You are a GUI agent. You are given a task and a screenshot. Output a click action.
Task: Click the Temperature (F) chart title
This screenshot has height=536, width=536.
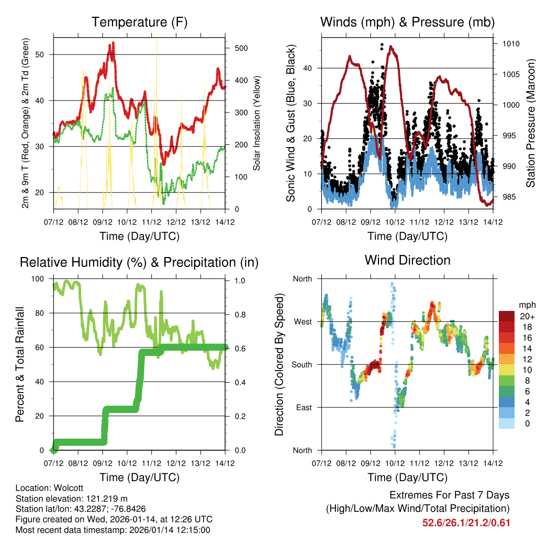pos(139,22)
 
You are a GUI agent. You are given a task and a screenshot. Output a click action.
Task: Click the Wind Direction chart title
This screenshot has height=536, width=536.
pos(407,260)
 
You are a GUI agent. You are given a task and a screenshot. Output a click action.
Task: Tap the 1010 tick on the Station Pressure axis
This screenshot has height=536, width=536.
pos(510,43)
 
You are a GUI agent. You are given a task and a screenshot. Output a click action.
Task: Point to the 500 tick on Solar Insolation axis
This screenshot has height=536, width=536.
pos(240,48)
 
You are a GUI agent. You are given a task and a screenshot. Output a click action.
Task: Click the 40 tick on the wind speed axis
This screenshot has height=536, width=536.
pos(309,68)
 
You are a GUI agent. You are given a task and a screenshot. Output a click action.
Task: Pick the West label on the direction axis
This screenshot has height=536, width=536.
pos(302,321)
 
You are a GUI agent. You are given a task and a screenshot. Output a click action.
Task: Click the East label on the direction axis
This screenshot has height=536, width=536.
pos(303,407)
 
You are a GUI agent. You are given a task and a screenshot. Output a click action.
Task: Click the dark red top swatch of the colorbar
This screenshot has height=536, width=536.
pos(506,316)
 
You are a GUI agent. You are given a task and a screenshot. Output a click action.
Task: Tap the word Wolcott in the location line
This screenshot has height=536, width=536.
pos(65,488)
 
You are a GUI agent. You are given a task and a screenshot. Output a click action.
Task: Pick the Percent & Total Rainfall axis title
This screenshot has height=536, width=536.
pos(19,364)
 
